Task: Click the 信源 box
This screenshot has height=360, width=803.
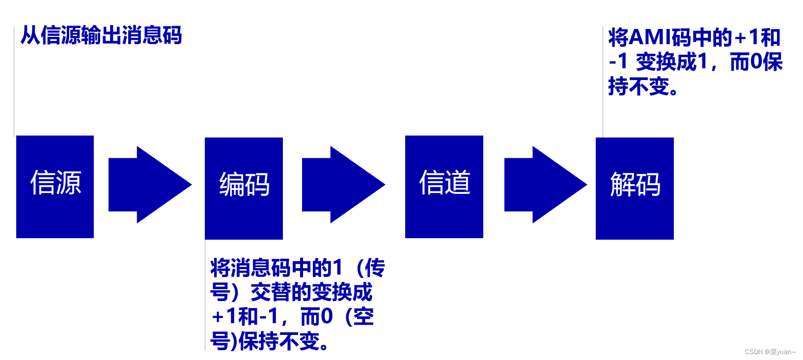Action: click(x=55, y=187)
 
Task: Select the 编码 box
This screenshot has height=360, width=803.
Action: click(x=244, y=188)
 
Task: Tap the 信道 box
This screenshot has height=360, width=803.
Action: click(x=444, y=187)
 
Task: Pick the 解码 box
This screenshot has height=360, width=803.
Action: click(x=635, y=188)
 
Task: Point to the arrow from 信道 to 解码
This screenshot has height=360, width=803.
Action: click(x=545, y=185)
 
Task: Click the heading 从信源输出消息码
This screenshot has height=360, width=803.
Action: click(x=101, y=36)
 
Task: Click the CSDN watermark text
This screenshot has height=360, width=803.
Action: click(x=770, y=352)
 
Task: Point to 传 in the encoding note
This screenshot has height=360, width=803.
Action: click(x=375, y=268)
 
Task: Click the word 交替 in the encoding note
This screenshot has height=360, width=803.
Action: click(x=271, y=293)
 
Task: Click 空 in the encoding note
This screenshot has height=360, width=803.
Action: click(x=363, y=317)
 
